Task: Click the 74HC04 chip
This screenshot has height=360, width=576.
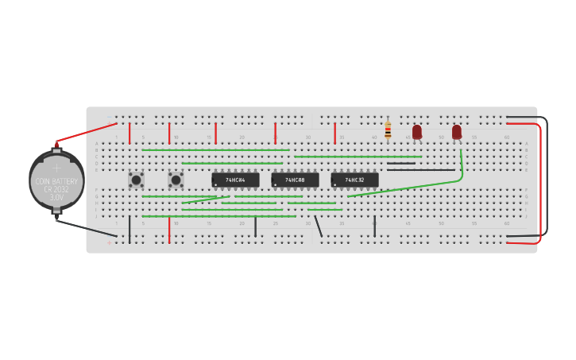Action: (235, 180)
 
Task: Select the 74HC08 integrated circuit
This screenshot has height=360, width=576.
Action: (295, 180)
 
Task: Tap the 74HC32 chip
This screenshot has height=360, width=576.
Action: (354, 180)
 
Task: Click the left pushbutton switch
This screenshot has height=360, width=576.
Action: (136, 180)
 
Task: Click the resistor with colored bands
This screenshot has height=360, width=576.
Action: (388, 130)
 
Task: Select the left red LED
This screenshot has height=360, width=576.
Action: (417, 131)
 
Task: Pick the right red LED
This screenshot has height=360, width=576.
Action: (457, 131)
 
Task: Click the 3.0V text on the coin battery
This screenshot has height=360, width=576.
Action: (56, 197)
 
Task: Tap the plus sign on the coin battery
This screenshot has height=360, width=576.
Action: (56, 168)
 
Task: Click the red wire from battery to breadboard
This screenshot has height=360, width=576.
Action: (87, 132)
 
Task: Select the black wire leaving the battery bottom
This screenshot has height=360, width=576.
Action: (87, 228)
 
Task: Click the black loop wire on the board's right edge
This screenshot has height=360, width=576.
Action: (547, 175)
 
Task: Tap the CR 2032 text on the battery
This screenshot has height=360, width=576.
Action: (56, 189)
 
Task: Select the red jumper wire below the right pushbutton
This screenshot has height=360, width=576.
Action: (169, 229)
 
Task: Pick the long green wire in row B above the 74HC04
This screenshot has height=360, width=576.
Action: (215, 149)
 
